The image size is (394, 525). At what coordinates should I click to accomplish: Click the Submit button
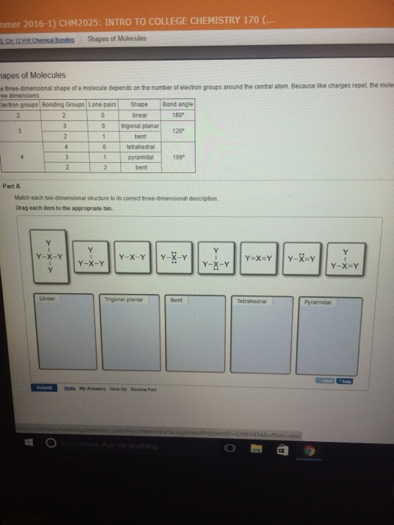click(x=44, y=388)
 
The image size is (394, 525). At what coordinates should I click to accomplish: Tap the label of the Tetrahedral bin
click(x=251, y=301)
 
